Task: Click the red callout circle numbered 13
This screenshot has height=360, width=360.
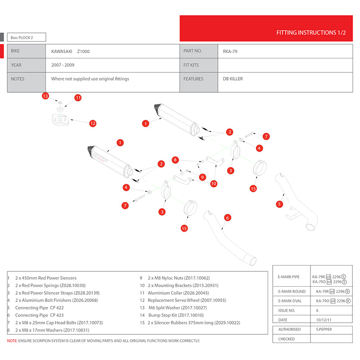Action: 45,96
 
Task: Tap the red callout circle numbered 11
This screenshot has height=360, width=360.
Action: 78,98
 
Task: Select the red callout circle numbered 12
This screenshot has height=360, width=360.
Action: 93,123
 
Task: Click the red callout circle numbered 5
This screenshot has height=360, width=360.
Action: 280,204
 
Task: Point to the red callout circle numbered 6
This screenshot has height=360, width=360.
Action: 228,218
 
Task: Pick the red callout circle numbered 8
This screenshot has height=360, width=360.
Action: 175,160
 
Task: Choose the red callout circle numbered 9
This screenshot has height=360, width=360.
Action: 202,177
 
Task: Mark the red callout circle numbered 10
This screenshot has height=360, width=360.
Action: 213,183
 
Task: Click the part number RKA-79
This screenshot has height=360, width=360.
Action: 230,51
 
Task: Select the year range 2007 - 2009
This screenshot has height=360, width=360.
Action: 63,65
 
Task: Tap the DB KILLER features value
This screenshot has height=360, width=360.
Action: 233,79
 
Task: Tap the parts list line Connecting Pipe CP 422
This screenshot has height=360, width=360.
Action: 40,307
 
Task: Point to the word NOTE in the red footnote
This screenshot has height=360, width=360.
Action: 12,341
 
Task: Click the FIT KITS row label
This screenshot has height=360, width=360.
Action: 191,65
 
